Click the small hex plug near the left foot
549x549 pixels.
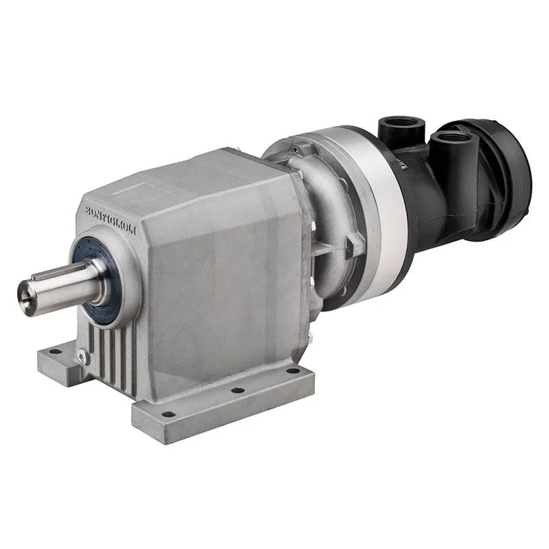click(x=82, y=357)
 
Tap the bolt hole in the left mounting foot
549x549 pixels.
click(x=54, y=351)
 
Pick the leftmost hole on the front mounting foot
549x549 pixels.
click(x=167, y=414)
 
